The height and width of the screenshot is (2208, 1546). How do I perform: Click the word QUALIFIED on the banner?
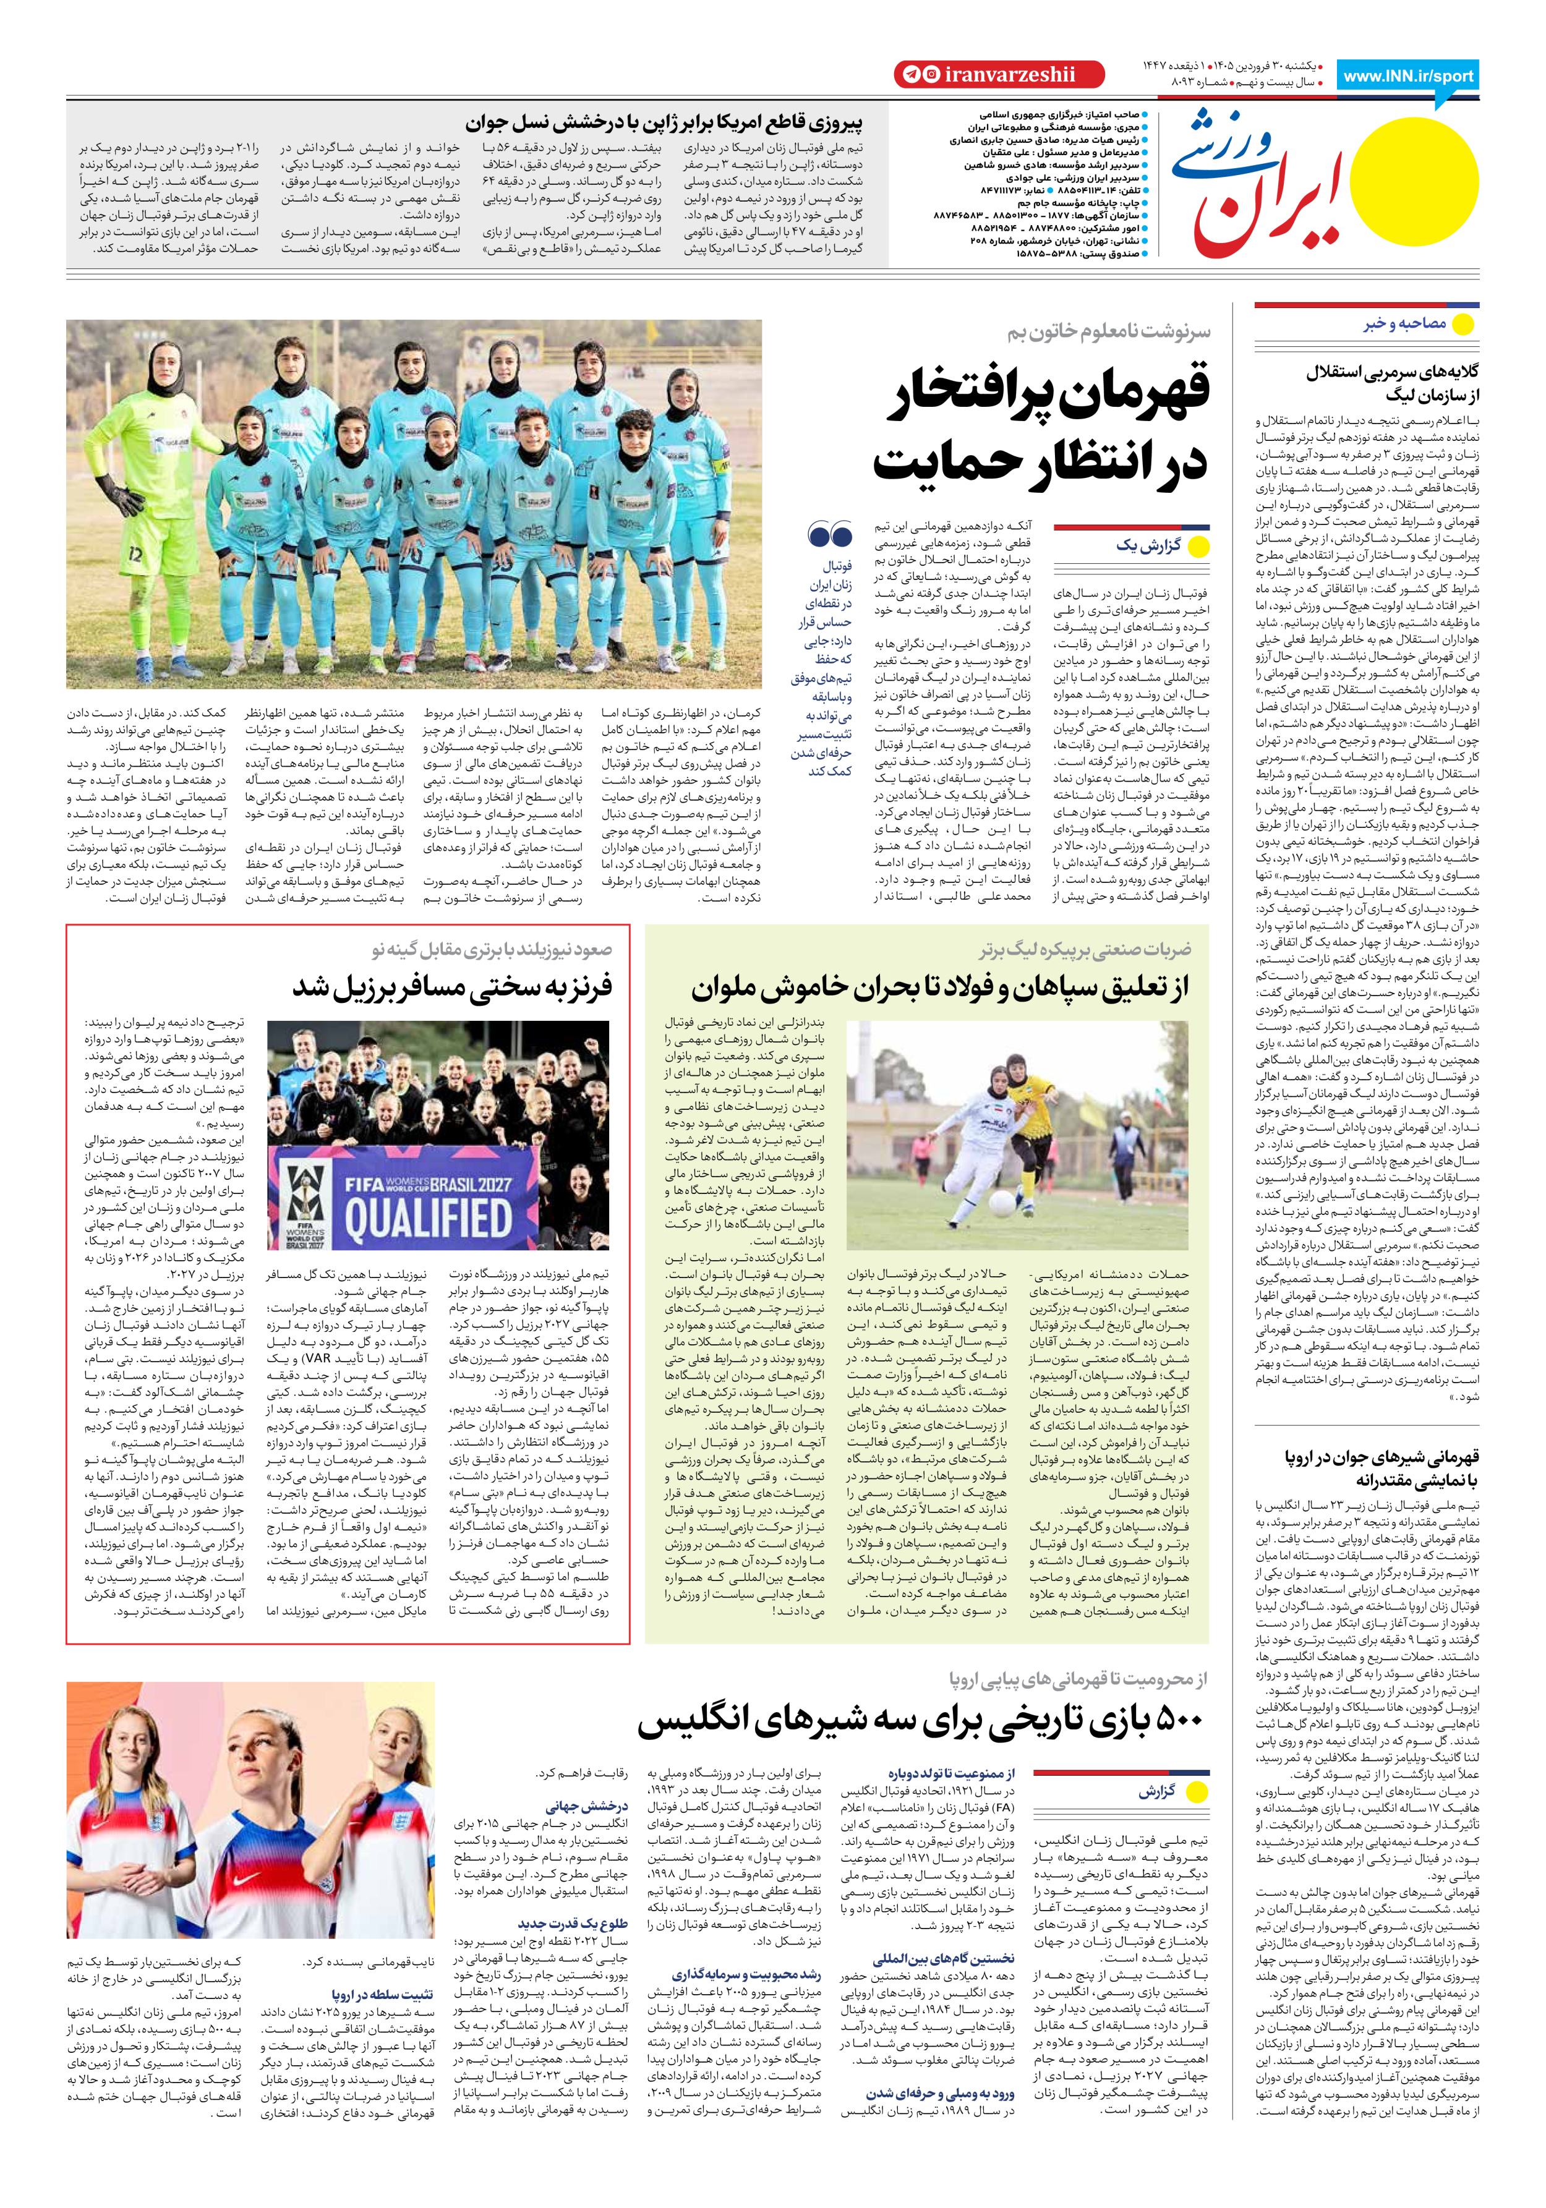click(x=428, y=1219)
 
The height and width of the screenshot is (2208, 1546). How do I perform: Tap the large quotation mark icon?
click(x=829, y=535)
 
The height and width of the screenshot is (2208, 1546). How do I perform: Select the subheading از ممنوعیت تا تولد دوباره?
click(x=950, y=1773)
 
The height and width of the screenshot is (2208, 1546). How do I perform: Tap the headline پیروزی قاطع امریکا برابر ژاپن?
click(x=664, y=123)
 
